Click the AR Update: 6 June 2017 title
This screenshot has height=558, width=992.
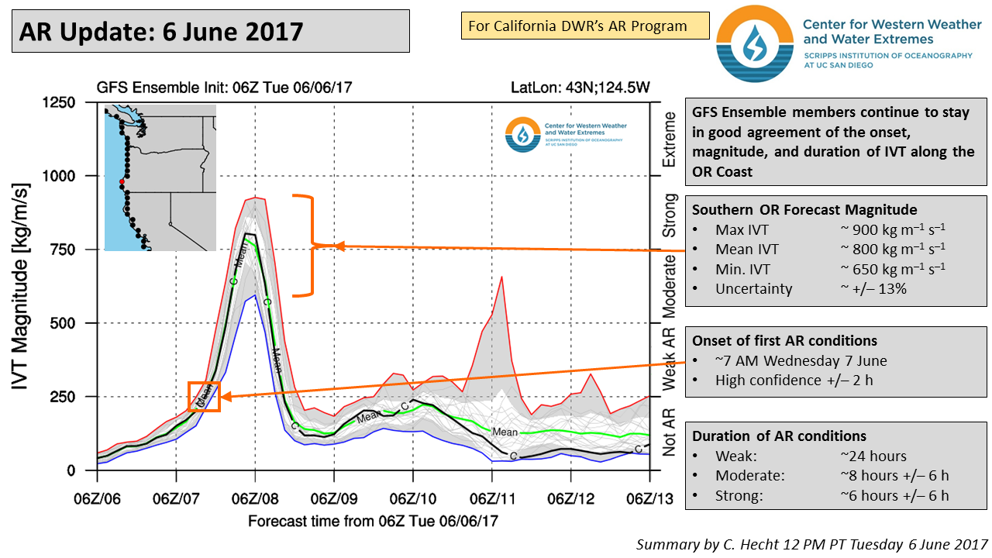click(161, 31)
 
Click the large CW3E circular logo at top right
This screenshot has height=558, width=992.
click(754, 44)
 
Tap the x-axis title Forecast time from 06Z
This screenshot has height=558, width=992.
click(373, 521)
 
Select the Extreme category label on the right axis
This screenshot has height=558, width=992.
click(669, 139)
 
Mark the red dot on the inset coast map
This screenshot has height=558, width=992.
click(122, 182)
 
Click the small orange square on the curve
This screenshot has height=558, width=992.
click(205, 396)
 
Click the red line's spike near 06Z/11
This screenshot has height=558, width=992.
click(503, 277)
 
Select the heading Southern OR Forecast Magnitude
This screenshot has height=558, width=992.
click(804, 209)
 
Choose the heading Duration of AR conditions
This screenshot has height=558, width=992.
click(779, 436)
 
